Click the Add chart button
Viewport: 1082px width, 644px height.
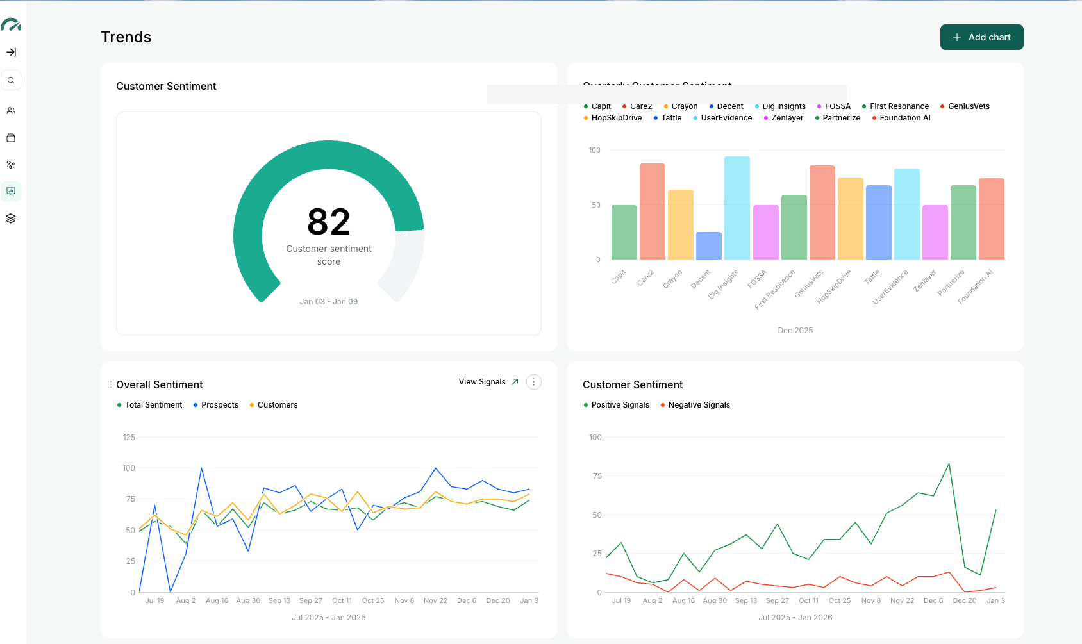[x=981, y=37]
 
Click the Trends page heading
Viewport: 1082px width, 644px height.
[x=126, y=37]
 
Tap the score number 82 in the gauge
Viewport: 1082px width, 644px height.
[x=328, y=222]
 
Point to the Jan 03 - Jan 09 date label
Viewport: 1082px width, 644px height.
[x=328, y=302]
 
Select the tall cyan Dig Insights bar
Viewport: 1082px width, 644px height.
[x=737, y=208]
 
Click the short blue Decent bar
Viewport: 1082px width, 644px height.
[x=708, y=246]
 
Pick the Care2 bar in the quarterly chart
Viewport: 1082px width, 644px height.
[x=652, y=211]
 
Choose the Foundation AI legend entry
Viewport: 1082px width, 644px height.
[x=904, y=118]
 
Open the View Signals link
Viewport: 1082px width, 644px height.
[x=488, y=382]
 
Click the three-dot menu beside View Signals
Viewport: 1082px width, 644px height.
[x=533, y=382]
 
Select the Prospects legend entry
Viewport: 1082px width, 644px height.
[x=219, y=405]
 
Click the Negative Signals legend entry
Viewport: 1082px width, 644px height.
[x=699, y=405]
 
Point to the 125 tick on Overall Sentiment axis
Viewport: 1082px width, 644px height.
[x=129, y=438]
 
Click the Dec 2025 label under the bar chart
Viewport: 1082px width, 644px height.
[x=795, y=331]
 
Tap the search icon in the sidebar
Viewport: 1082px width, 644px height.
[x=11, y=80]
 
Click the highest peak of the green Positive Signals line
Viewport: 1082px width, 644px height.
[x=949, y=464]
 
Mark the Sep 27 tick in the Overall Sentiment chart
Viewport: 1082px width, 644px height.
[x=311, y=601]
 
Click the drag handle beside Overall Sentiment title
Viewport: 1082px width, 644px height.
[x=109, y=384]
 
